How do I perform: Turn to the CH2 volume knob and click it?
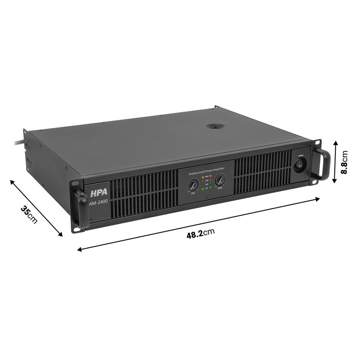(220, 180)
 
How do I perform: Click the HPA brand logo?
(96, 194)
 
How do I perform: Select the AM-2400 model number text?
(99, 203)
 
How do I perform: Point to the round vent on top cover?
(215, 126)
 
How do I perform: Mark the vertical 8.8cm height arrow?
(335, 162)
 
